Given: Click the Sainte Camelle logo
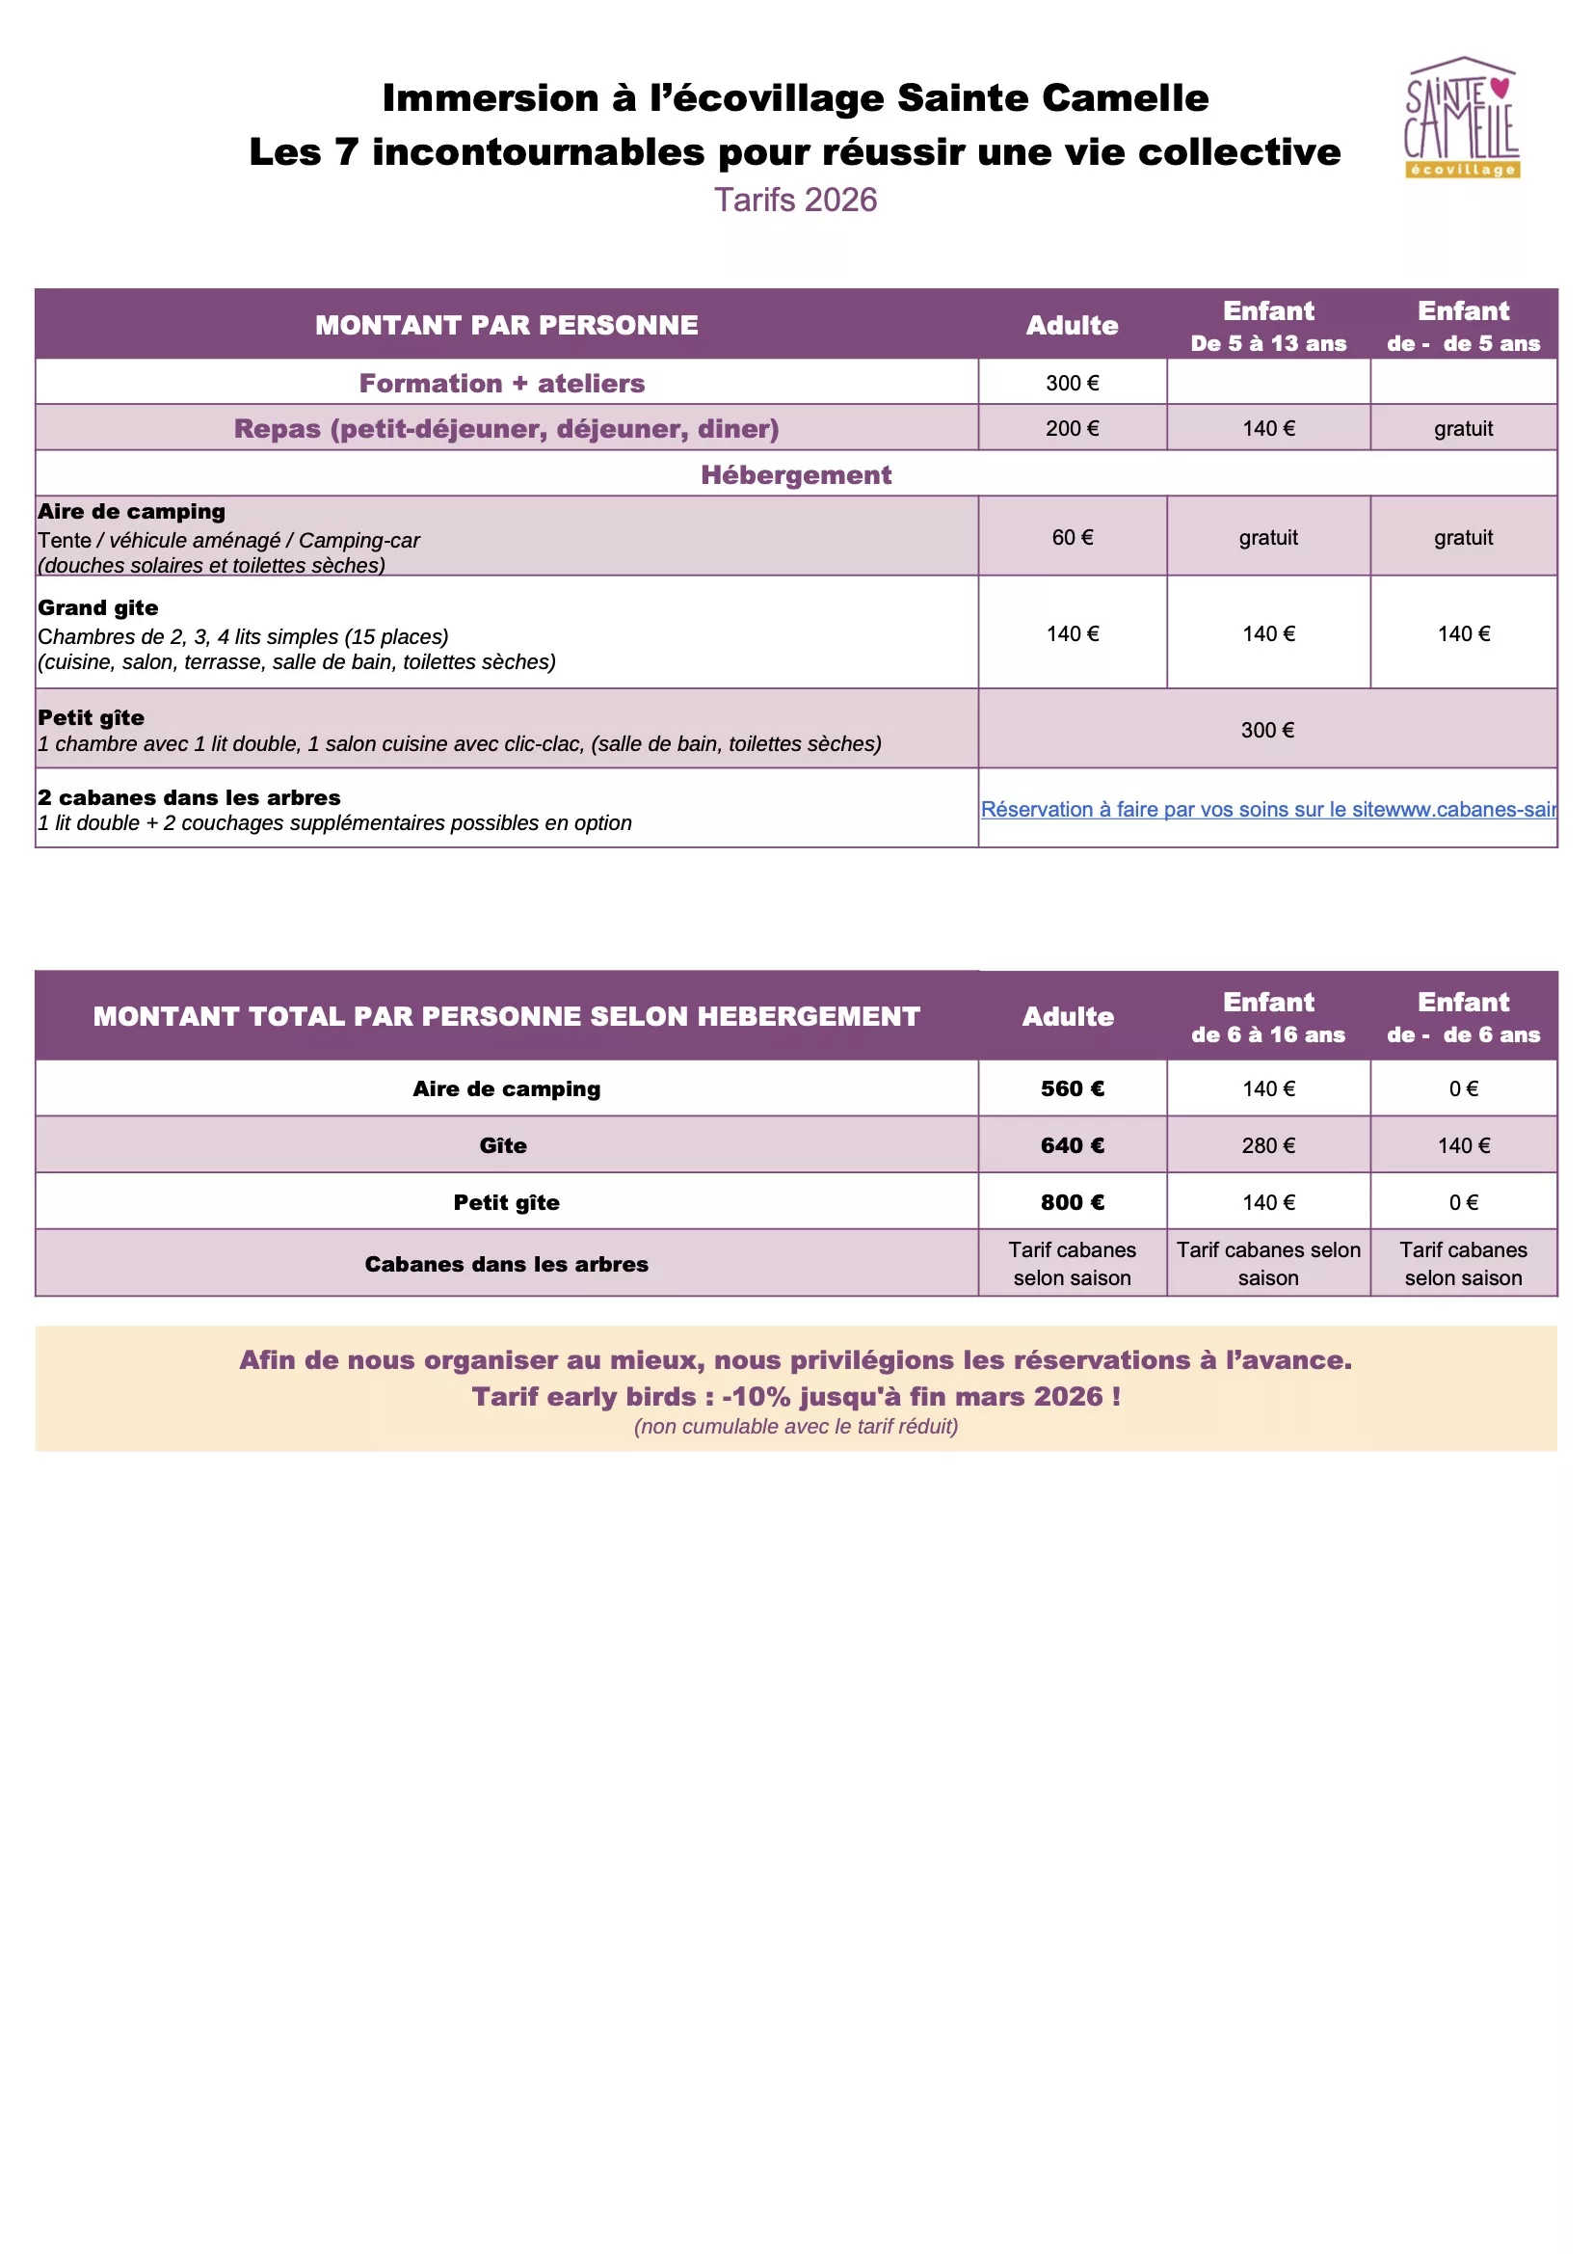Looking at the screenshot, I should click(1462, 118).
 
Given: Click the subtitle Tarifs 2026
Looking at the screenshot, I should click(795, 201).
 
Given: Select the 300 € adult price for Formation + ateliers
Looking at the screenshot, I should click(1072, 383).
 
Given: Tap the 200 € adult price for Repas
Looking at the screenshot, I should click(1072, 429).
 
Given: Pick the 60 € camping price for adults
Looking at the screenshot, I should click(1072, 537).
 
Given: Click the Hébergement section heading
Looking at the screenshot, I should click(795, 475).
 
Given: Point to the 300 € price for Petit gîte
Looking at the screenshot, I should click(1267, 730).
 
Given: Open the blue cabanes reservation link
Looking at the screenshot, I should click(1267, 809).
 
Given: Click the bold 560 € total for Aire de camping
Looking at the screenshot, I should click(1072, 1088).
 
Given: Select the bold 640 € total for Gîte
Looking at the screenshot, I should click(1072, 1145).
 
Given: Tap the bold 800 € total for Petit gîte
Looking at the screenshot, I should click(1072, 1202).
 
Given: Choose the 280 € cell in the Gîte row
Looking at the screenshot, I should click(1268, 1145).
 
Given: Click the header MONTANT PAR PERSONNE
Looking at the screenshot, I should click(507, 325).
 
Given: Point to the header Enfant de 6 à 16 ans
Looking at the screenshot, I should click(1268, 1016).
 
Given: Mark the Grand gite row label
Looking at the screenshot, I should click(98, 607).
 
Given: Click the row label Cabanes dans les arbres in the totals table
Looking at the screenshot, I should click(507, 1265).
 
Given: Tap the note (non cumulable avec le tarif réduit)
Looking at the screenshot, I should click(795, 1427).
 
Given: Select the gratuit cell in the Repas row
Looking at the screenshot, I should click(1463, 429).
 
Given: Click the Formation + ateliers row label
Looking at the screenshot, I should click(501, 383).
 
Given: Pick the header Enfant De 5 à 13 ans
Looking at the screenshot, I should click(1268, 326).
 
